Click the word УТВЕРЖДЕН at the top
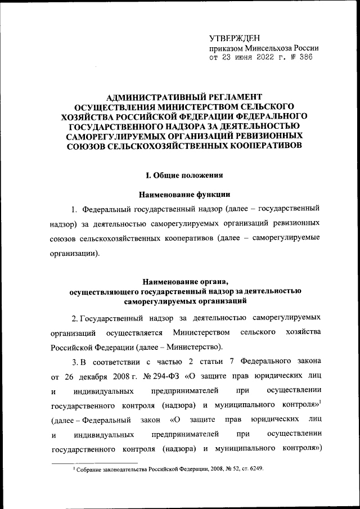click(235, 38)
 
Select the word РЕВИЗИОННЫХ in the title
click(273, 136)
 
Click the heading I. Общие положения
click(179, 174)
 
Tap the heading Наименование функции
click(179, 195)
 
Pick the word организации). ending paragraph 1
click(76, 253)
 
